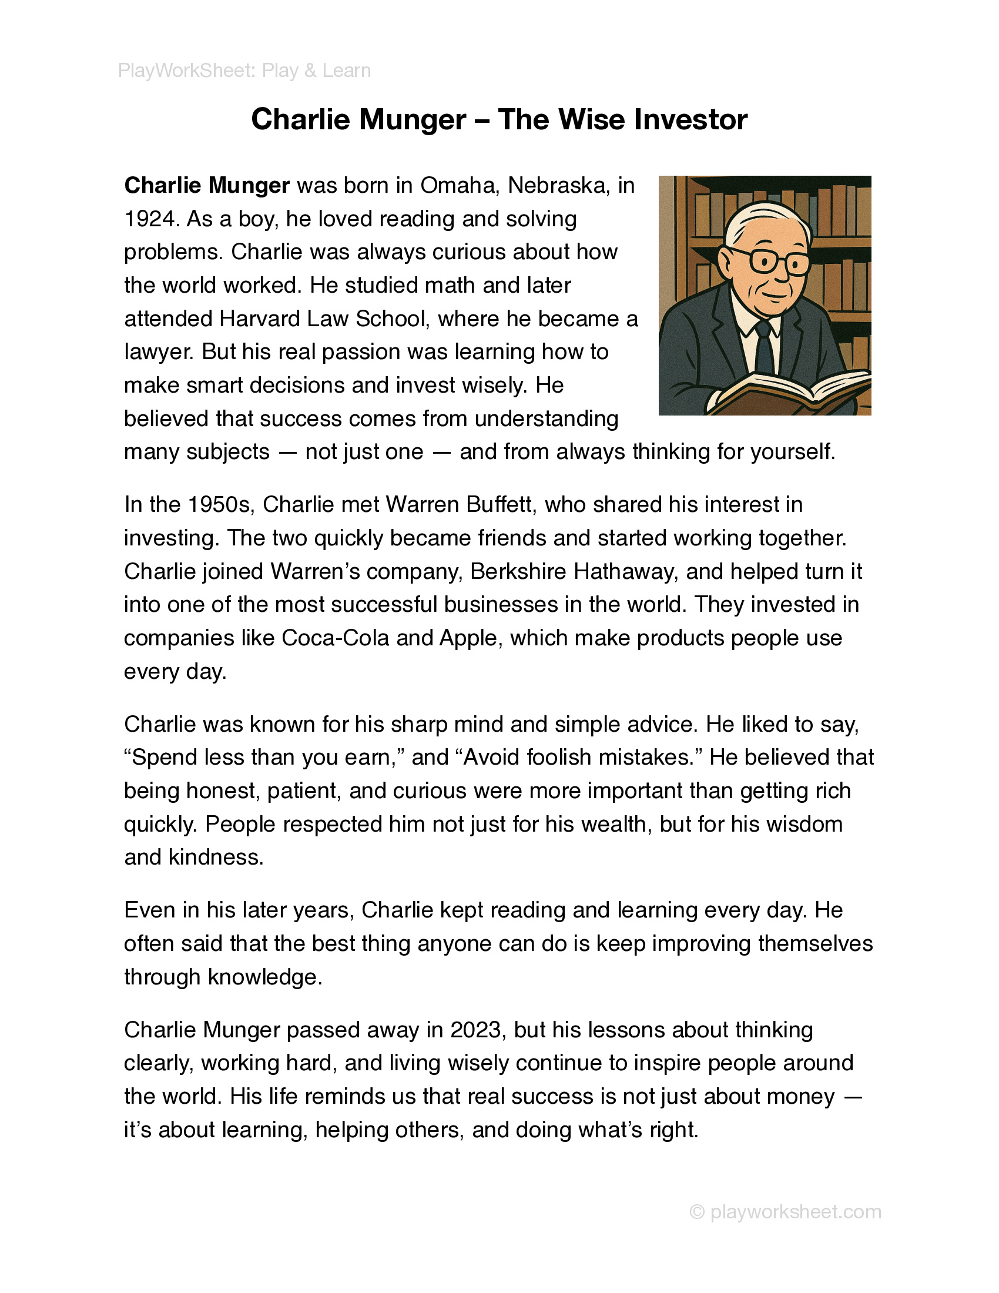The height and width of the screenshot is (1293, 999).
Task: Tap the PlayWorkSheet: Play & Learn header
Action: (244, 71)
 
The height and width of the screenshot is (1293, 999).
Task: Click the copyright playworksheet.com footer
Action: (786, 1211)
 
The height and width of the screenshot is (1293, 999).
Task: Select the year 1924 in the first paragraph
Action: (150, 219)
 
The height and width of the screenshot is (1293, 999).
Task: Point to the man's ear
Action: (726, 260)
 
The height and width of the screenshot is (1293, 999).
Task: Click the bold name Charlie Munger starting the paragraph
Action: (206, 186)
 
